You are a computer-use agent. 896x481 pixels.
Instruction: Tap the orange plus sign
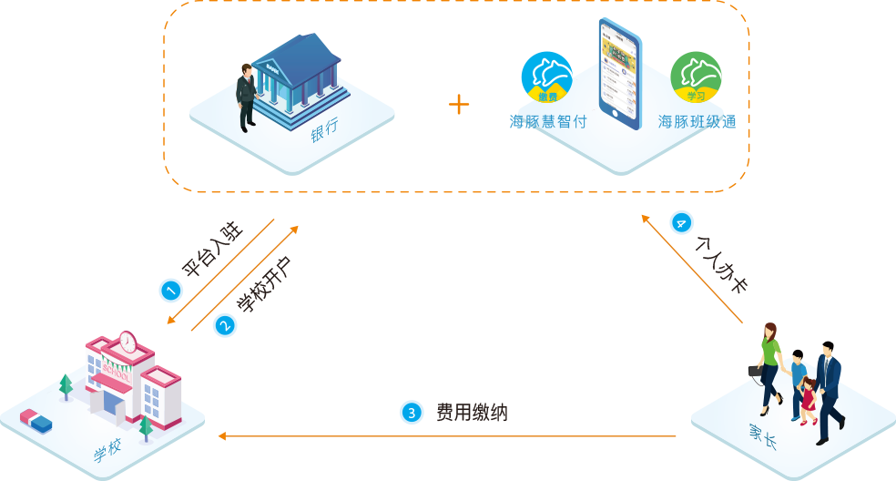(459, 104)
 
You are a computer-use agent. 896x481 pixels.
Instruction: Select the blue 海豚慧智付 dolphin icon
(546, 77)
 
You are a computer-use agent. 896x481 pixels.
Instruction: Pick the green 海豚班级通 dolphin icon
(697, 77)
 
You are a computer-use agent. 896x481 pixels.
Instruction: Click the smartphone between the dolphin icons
(619, 71)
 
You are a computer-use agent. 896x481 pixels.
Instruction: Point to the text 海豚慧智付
(548, 121)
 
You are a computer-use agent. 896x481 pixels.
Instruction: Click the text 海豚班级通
(697, 121)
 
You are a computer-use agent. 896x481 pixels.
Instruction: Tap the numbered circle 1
(170, 291)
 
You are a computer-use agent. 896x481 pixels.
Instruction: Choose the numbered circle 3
(412, 413)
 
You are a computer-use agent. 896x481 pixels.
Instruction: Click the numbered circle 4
(681, 223)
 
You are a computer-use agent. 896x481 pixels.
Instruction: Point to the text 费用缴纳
(472, 413)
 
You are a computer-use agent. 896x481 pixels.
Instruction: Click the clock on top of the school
(127, 342)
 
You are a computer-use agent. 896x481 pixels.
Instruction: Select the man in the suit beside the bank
(246, 97)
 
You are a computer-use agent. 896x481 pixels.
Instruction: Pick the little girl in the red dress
(807, 399)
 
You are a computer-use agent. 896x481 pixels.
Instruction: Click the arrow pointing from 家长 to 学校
(446, 437)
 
